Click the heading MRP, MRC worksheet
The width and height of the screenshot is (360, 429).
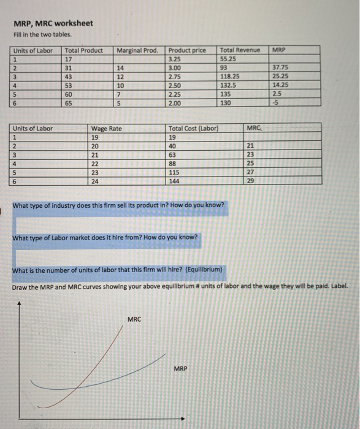tap(54, 23)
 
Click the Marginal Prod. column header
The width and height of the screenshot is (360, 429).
tap(137, 50)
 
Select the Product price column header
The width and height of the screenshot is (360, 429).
tap(187, 50)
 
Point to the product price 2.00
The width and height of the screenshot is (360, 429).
tap(176, 104)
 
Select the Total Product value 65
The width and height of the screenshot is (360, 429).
tap(71, 104)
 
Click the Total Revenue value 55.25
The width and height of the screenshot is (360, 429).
tap(229, 59)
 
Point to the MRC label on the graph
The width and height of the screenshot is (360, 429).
tap(135, 319)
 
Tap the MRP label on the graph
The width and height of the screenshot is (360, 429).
tap(180, 369)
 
